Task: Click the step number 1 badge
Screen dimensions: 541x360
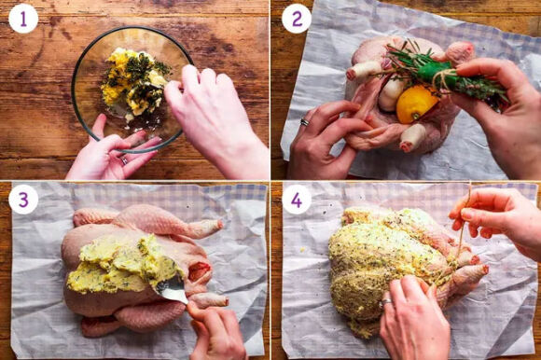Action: tap(23, 19)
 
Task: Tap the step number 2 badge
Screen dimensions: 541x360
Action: tap(297, 19)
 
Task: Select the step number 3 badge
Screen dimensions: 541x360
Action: tap(23, 200)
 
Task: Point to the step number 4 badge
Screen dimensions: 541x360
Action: tap(297, 200)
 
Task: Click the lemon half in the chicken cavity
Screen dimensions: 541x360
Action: tap(415, 104)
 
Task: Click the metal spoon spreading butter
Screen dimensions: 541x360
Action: tap(172, 288)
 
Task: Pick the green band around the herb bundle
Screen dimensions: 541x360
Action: tap(434, 72)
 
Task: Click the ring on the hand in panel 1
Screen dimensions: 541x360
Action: tap(124, 160)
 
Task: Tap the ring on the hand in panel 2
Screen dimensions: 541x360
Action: tap(305, 122)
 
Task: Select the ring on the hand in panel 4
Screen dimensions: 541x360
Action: tap(385, 303)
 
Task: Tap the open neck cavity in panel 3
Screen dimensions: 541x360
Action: tap(201, 270)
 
